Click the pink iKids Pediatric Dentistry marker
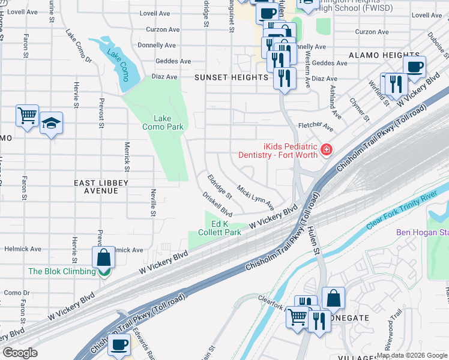pyautogui.click(x=327, y=149)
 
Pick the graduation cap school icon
pyautogui.click(x=52, y=124)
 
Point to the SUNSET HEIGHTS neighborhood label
pyautogui.click(x=231, y=77)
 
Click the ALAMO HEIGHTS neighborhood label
pyautogui.click(x=376, y=55)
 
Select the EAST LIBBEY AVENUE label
pyautogui.click(x=96, y=186)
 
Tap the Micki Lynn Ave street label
pyautogui.click(x=255, y=194)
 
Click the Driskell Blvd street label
pyautogui.click(x=217, y=204)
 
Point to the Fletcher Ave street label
pyautogui.click(x=316, y=127)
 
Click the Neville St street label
pyautogui.click(x=154, y=202)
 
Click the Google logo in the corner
pyautogui.click(x=20, y=353)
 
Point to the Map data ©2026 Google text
pyautogui.click(x=412, y=355)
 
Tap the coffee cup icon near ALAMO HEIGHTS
pyautogui.click(x=414, y=66)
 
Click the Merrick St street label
pyautogui.click(x=127, y=152)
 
